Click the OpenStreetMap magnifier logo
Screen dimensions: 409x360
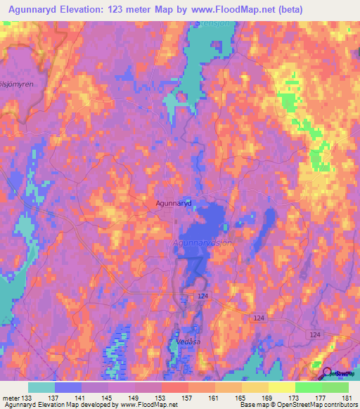pos(328,373)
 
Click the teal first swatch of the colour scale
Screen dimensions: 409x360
pos(41,387)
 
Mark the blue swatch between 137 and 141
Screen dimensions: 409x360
pos(68,387)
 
